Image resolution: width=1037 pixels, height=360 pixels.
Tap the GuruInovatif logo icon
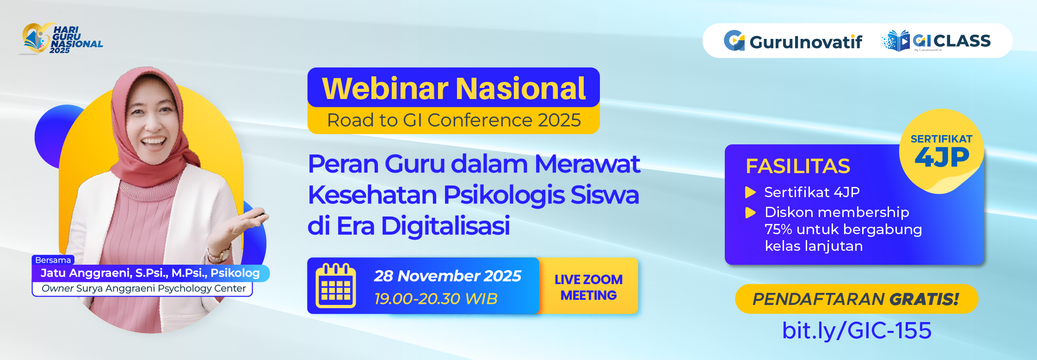(734, 41)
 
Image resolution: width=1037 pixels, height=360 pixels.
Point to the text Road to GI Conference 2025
(453, 120)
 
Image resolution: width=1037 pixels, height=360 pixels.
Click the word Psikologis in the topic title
(504, 195)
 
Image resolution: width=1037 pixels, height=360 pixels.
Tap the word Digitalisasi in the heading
(445, 226)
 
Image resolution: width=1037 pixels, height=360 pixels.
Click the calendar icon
(335, 286)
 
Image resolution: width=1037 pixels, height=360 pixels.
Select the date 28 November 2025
(447, 276)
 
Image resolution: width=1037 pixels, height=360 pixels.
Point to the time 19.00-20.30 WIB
(435, 298)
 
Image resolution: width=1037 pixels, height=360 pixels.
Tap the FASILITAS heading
(797, 166)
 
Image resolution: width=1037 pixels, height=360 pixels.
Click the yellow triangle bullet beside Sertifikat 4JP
(750, 192)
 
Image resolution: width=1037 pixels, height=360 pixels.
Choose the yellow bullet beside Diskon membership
(750, 212)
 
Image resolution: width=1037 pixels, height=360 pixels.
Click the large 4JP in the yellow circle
(942, 157)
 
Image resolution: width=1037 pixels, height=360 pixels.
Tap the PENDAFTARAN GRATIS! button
(856, 299)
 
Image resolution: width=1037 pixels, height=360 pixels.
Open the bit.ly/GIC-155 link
(856, 330)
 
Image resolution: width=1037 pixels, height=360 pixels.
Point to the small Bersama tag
(53, 260)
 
